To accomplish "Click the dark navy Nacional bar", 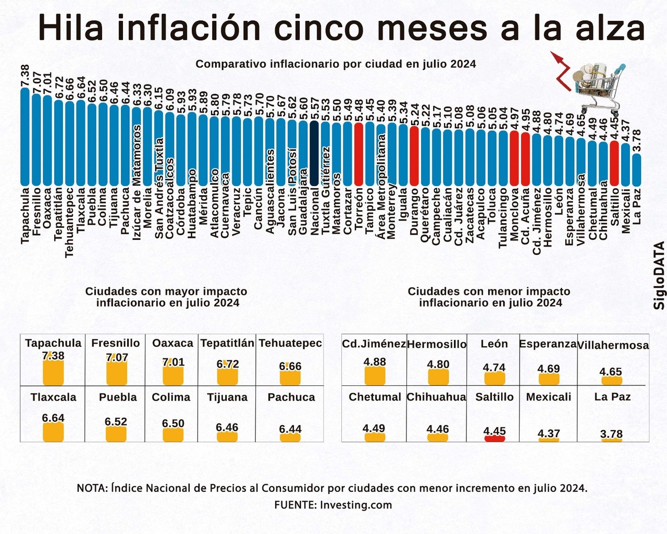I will pyautogui.click(x=314, y=154).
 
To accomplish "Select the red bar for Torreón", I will pyautogui.click(x=359, y=154).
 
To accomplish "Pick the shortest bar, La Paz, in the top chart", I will pyautogui.click(x=637, y=169).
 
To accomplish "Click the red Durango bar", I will pyautogui.click(x=414, y=156).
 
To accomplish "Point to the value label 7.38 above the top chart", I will pyautogui.click(x=24, y=76).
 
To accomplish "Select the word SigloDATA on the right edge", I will pyautogui.click(x=660, y=275).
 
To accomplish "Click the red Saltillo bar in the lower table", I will pyautogui.click(x=495, y=439).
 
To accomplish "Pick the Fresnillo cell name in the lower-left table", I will pyautogui.click(x=116, y=343).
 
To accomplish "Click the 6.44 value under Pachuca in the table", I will pyautogui.click(x=290, y=429).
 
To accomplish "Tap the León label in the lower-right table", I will pyautogui.click(x=494, y=344).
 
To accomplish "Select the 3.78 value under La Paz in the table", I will pyautogui.click(x=611, y=434).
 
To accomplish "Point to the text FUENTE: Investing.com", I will pyautogui.click(x=333, y=505).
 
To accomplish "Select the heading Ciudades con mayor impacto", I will pyautogui.click(x=166, y=292).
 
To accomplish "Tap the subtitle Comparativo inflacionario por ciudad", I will pyautogui.click(x=336, y=64).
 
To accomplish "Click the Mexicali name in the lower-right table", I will pyautogui.click(x=549, y=397).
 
